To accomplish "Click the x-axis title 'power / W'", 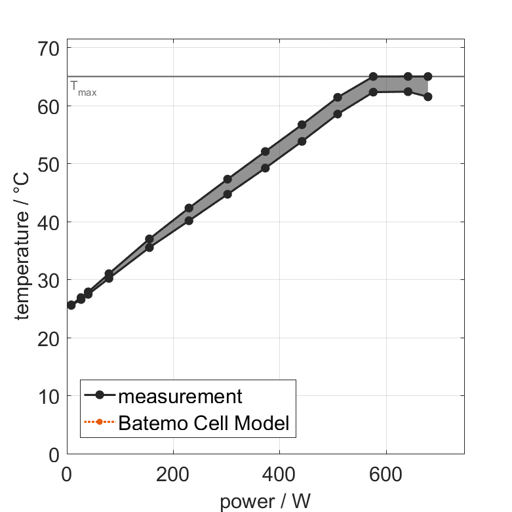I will (265, 501).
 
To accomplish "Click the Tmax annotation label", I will (83, 89).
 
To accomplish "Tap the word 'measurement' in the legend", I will (180, 396).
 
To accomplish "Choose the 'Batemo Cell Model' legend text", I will (204, 423).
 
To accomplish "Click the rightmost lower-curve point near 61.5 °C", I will (427, 96).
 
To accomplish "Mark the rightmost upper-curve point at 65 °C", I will (427, 77).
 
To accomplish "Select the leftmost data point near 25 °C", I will (71, 305).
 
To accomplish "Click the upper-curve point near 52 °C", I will (265, 151).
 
